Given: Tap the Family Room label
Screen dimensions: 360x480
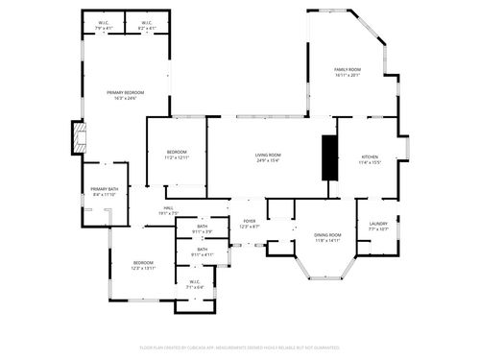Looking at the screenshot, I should point(348,70).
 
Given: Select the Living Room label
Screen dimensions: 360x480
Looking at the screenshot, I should point(268,156).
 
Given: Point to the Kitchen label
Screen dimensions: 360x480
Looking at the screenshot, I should point(370,157).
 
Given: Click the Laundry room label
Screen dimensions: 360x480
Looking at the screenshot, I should point(378,224).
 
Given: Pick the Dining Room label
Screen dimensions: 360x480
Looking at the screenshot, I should point(328,235).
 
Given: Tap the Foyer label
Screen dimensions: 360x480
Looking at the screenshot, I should point(250,221).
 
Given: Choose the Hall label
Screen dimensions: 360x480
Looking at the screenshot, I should point(168,208).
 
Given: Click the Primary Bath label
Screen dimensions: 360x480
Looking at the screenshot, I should point(105,190).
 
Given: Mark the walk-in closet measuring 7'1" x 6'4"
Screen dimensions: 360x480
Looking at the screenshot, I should point(195,282).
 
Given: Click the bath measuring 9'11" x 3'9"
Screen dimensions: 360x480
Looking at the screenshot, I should point(202,227).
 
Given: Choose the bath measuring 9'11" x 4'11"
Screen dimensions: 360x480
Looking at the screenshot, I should point(202,251).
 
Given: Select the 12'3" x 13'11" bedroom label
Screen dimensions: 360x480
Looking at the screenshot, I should point(143,264).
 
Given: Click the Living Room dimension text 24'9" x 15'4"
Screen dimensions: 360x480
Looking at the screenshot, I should point(268,160).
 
